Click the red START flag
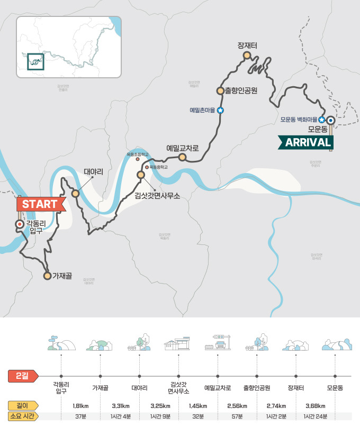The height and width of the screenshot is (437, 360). (x=40, y=204)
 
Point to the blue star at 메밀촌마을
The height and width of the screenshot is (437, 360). (x=220, y=110)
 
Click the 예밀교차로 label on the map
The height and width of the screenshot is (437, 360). (x=182, y=148)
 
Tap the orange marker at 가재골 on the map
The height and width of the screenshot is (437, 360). (x=47, y=276)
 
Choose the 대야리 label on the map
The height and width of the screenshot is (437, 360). (x=93, y=172)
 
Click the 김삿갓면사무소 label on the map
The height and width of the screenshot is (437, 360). (x=157, y=195)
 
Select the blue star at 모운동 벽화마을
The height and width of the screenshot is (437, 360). (x=321, y=120)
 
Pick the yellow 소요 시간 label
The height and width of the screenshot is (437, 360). (x=21, y=416)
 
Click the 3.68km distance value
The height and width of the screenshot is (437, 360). (x=316, y=406)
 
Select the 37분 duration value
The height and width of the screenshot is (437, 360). (x=80, y=416)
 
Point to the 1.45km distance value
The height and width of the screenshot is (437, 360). (x=198, y=406)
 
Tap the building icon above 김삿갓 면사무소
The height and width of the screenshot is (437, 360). (x=178, y=344)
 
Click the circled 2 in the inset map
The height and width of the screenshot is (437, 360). (x=35, y=61)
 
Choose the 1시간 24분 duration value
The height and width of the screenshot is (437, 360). (x=316, y=416)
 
